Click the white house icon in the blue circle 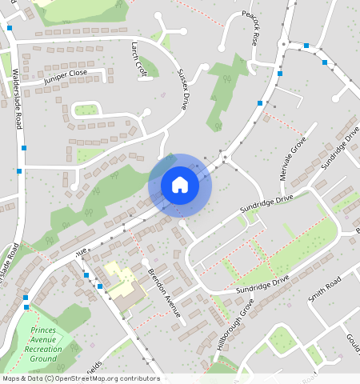180,185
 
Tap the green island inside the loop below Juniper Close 86,110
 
